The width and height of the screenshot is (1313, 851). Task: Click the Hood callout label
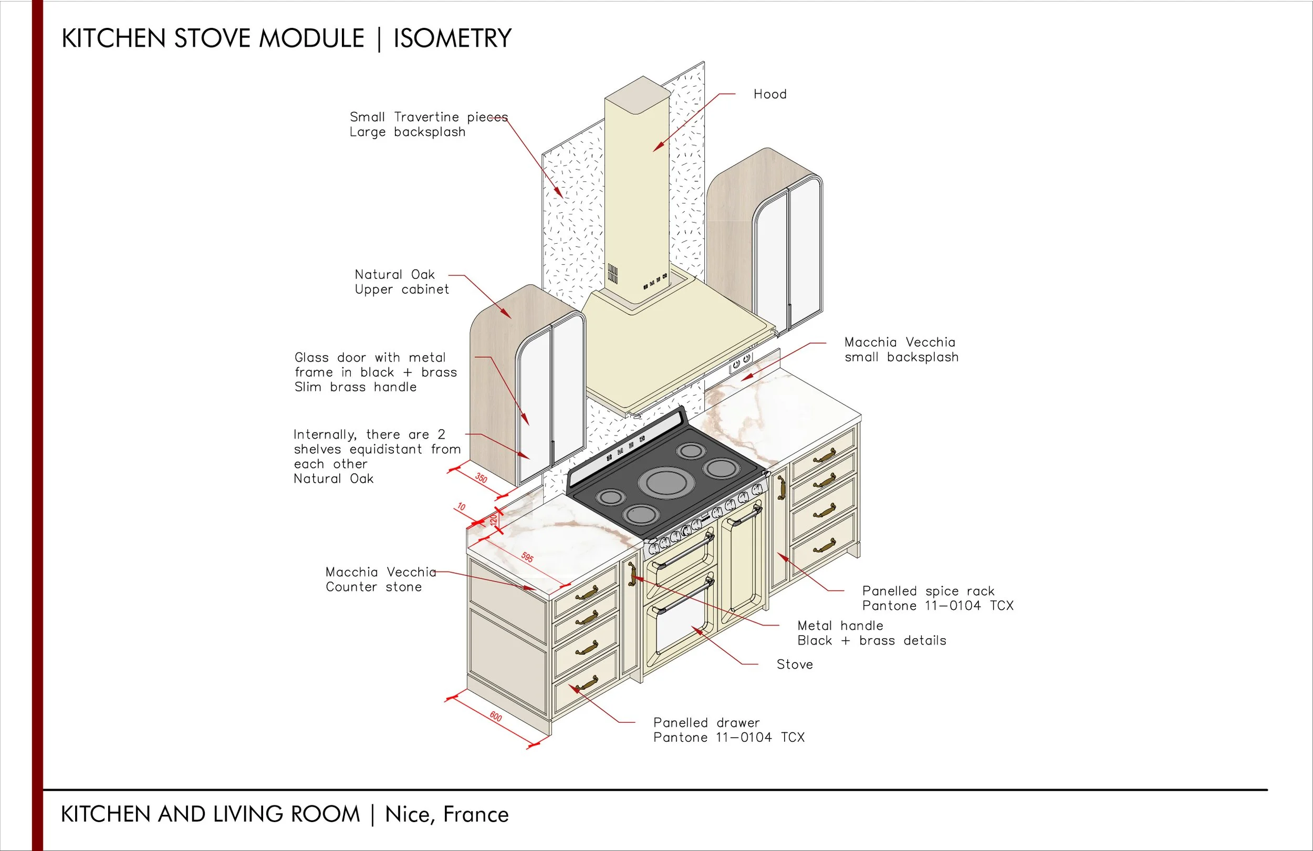click(769, 95)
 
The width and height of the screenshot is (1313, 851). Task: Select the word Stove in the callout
click(795, 665)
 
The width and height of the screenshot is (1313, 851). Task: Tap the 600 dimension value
click(495, 717)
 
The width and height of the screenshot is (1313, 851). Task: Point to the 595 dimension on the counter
click(527, 557)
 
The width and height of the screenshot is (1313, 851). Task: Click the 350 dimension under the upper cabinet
click(481, 478)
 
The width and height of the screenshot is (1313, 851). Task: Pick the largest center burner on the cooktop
click(665, 482)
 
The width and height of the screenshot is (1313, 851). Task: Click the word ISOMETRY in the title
click(452, 39)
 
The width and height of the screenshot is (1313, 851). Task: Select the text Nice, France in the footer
click(446, 815)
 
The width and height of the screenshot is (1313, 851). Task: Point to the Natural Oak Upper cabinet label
click(401, 282)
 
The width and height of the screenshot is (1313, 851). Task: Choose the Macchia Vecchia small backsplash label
click(901, 349)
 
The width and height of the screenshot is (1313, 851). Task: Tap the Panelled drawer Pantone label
click(728, 730)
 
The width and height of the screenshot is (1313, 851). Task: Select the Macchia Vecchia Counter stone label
click(380, 579)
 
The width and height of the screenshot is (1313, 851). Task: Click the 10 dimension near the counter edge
click(461, 506)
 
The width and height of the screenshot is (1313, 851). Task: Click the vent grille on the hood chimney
click(612, 274)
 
